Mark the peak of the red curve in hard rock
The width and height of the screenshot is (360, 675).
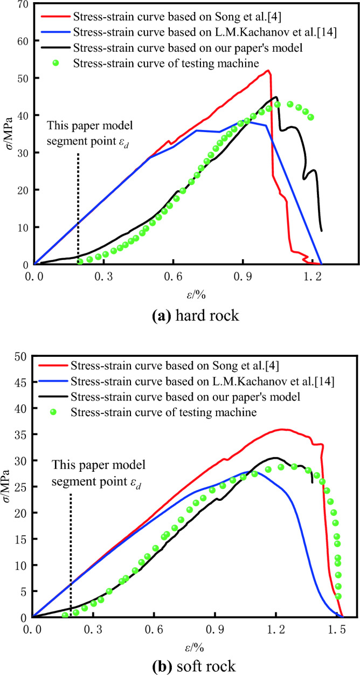point(268,71)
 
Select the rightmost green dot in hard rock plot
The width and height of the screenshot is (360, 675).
point(310,117)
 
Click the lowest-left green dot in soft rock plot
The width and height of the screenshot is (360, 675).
point(65,615)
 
